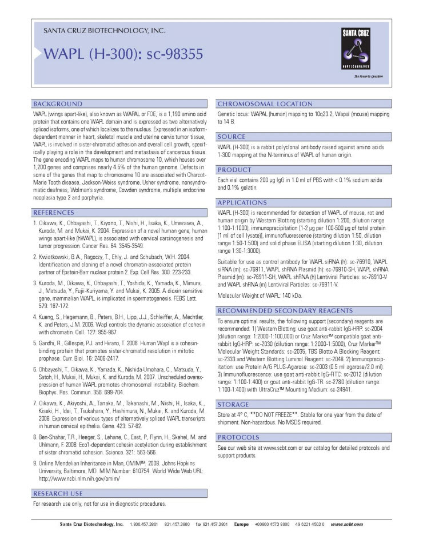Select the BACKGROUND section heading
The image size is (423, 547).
click(58, 104)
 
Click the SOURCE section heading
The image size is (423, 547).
click(232, 137)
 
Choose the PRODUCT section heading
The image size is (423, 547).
click(235, 170)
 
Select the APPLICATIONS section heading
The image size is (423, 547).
click(242, 203)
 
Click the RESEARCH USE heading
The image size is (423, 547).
click(58, 493)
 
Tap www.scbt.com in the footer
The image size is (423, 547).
click(347, 524)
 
